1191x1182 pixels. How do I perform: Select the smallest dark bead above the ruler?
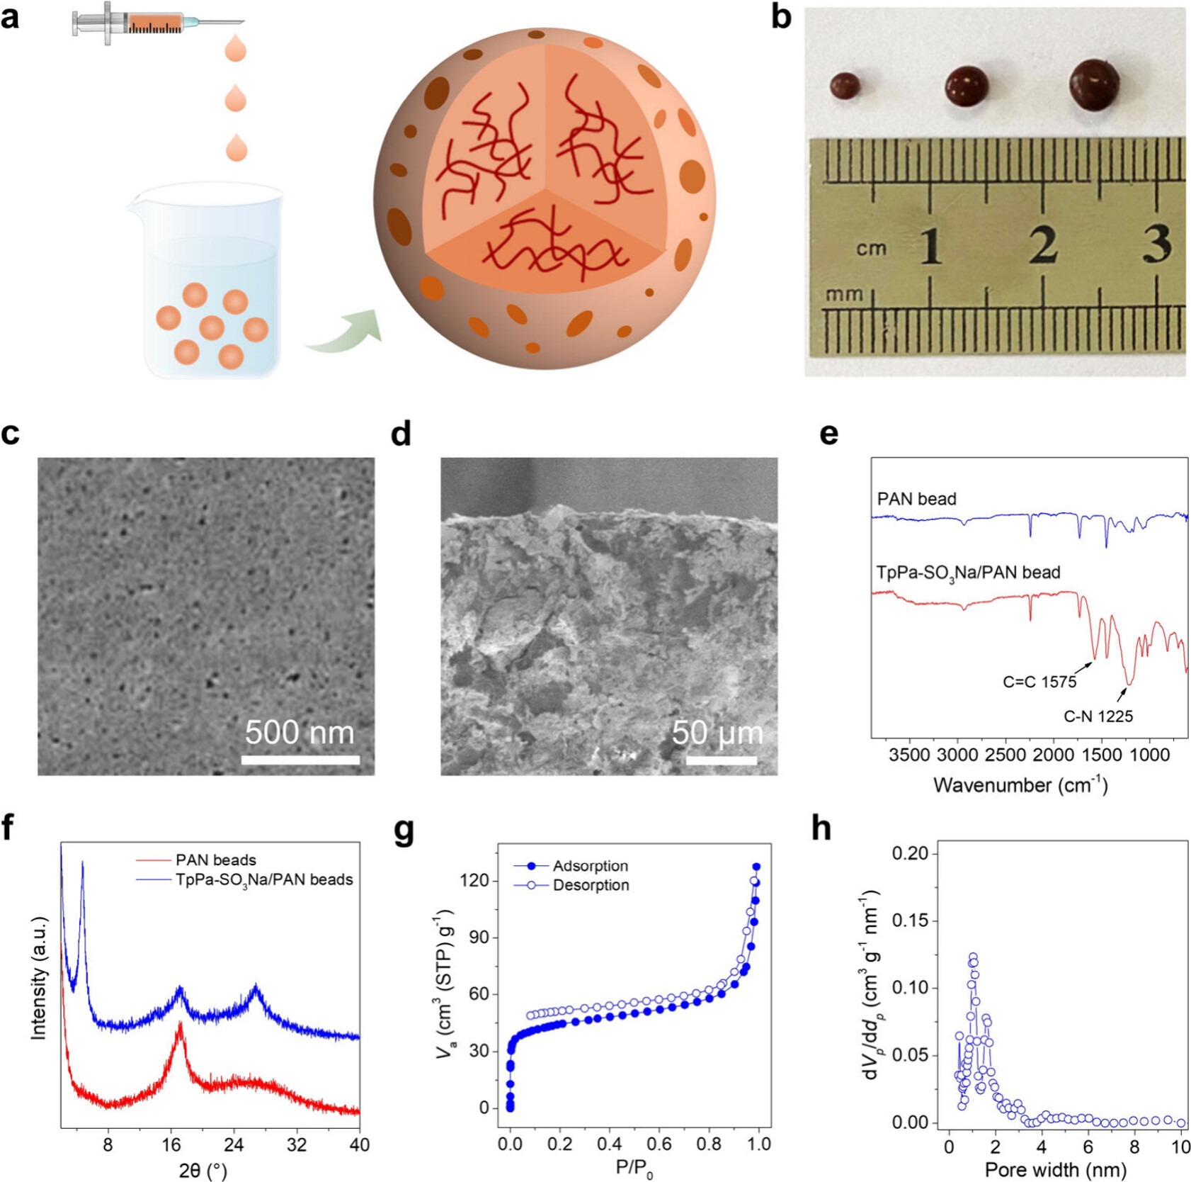coord(845,86)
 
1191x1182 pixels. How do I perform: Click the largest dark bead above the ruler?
coord(1094,85)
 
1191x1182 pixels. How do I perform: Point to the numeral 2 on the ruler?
coord(1044,245)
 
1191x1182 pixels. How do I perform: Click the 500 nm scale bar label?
coord(300,733)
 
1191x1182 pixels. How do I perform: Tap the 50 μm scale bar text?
coord(717,733)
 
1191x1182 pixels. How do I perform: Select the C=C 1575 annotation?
coord(1039,682)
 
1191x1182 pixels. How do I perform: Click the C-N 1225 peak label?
coord(1098,716)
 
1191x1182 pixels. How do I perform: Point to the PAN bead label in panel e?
coord(916,499)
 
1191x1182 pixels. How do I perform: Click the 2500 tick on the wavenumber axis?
coord(1005,755)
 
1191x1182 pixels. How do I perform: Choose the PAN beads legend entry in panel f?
coord(215,860)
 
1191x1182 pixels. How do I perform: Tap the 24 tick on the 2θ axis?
coord(234,1145)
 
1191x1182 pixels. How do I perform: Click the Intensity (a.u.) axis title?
coord(39,978)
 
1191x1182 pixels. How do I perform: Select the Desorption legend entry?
coord(590,885)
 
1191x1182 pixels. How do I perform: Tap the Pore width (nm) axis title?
coord(1055,1169)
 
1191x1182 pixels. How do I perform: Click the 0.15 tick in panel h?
coord(909,921)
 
